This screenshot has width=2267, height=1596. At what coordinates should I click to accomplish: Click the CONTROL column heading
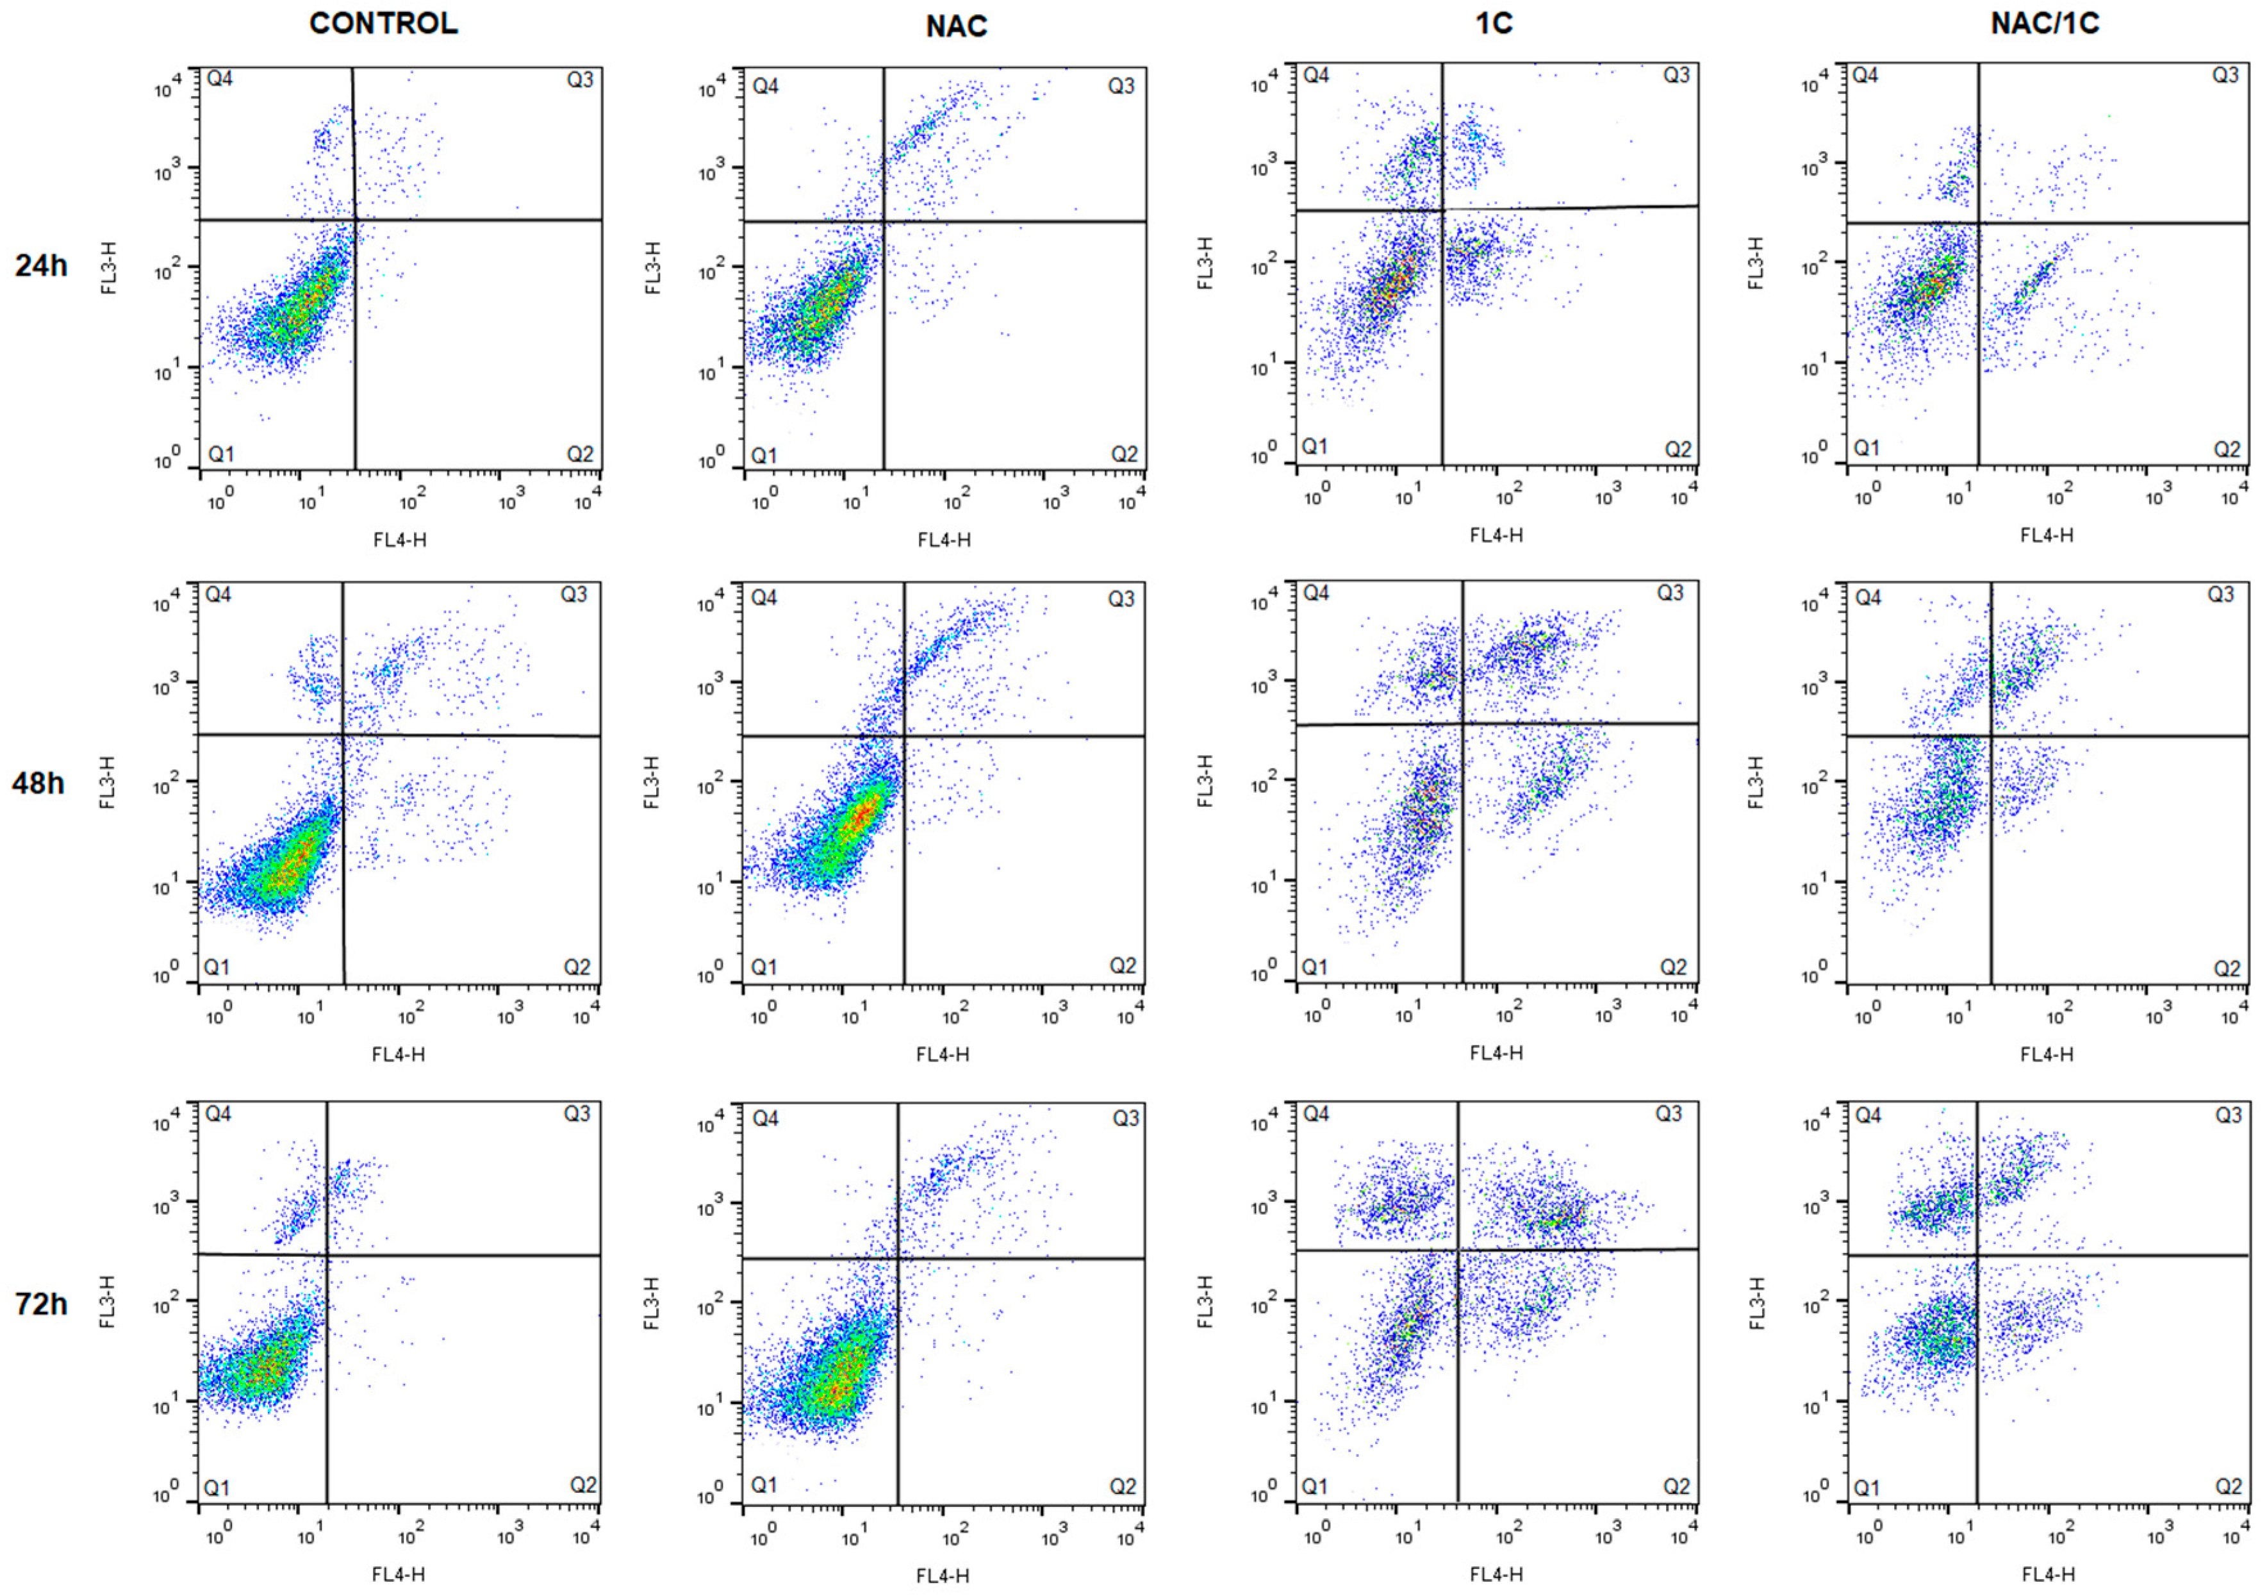click(x=383, y=24)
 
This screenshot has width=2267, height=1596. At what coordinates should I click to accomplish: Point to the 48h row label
click(x=38, y=783)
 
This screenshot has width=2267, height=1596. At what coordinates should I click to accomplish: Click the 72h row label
click(x=40, y=1304)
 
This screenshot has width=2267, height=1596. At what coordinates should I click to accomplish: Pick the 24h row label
click(x=40, y=265)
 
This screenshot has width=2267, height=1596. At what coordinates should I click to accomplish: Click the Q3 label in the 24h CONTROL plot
click(x=580, y=79)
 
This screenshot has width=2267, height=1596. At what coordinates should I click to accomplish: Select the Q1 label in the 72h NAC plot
click(x=764, y=1484)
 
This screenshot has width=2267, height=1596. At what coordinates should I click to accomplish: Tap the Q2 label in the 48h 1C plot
click(x=1672, y=967)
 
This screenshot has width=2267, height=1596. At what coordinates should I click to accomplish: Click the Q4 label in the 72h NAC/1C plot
click(x=1868, y=1115)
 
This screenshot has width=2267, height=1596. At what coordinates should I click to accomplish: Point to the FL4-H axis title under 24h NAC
click(x=944, y=539)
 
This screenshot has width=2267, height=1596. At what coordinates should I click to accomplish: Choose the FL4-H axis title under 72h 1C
click(x=1496, y=1574)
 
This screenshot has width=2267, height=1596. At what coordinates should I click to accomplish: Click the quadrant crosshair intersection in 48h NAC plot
click(x=903, y=736)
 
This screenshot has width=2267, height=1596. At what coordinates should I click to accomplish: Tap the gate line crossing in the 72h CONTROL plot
click(x=327, y=1254)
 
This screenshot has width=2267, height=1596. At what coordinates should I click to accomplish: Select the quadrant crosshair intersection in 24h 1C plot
click(x=1442, y=210)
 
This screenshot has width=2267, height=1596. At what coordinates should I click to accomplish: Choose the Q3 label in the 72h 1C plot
click(x=1669, y=1114)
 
